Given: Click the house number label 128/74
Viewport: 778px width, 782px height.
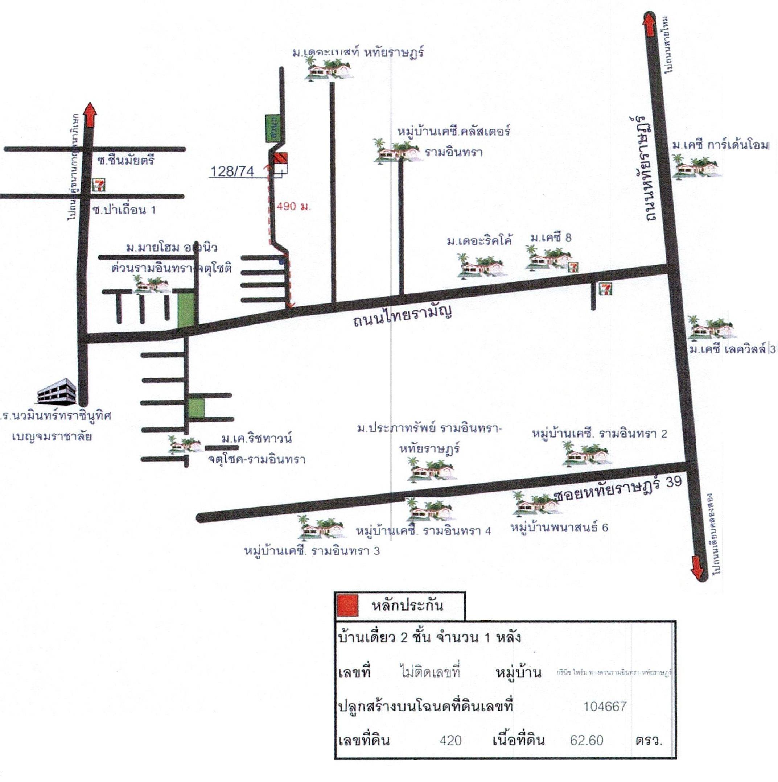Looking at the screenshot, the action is coord(232,171).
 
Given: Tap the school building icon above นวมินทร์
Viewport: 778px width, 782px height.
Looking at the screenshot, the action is coord(57,390).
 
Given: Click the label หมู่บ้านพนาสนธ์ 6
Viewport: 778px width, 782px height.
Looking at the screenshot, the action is coord(559,527).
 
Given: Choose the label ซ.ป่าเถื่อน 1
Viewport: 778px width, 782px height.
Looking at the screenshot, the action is coord(124,210).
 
